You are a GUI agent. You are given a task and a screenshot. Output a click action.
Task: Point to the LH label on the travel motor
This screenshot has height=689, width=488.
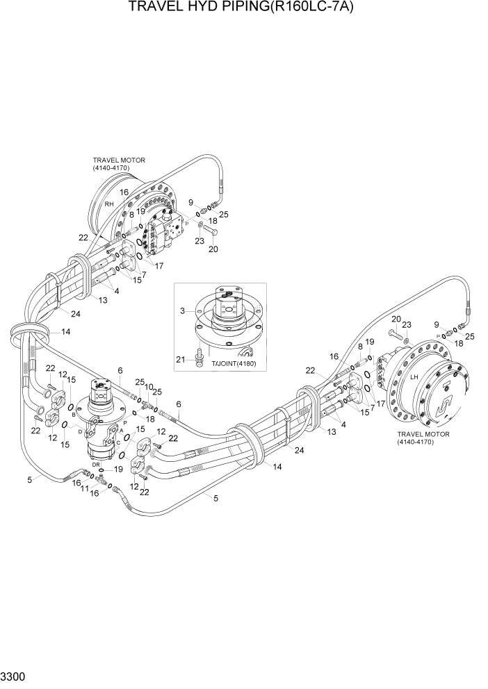point(414,377)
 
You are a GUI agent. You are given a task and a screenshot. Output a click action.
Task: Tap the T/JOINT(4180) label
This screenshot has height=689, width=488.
point(234,363)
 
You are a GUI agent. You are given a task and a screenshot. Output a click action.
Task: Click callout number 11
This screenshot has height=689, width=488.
point(85,490)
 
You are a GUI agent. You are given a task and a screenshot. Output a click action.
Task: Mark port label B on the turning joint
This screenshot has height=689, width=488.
point(73,415)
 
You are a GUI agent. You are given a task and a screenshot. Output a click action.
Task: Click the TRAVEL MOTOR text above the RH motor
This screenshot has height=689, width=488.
point(119,160)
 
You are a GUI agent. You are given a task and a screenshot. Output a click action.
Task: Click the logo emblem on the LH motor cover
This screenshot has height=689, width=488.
point(439,401)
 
